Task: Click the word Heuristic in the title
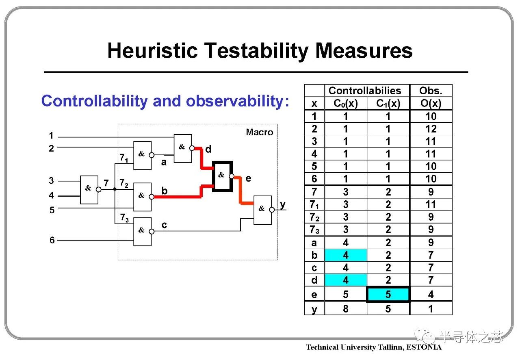point(152,50)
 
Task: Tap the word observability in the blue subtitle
point(237,102)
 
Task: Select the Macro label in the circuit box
point(260,132)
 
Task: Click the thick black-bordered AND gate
point(222,176)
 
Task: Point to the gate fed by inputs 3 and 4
point(89,190)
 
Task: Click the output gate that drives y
point(262,210)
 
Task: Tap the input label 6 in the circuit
point(52,240)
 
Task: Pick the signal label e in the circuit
point(248,178)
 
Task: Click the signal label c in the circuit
point(164,225)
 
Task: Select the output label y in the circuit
point(282,205)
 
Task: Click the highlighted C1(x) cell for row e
point(388,295)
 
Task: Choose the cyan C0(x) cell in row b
point(346,255)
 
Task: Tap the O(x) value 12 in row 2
point(431,129)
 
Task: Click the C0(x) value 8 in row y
point(346,309)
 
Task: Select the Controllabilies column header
point(365,91)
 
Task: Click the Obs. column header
point(431,91)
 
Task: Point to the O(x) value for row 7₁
point(431,204)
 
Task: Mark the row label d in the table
point(314,280)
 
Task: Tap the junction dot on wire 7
point(115,189)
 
